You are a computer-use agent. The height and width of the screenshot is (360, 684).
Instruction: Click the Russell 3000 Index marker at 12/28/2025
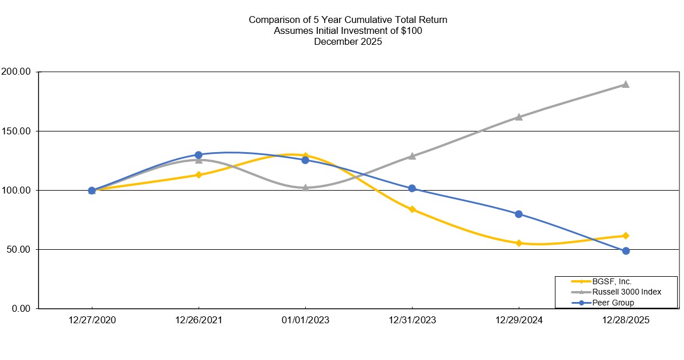click(625, 84)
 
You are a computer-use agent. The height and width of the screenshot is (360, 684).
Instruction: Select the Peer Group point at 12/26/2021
click(199, 155)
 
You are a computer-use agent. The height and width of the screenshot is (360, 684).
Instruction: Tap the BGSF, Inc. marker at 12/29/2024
click(519, 243)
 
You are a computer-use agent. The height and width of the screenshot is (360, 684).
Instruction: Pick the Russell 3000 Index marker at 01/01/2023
click(305, 187)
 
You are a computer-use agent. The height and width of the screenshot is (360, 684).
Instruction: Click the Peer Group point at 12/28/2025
click(625, 251)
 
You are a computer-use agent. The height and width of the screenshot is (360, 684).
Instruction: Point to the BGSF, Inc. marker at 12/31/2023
click(412, 209)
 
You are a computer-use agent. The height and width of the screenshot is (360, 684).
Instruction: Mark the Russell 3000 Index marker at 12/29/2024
click(519, 117)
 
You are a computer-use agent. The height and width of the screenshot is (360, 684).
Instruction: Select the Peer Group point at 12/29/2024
click(519, 214)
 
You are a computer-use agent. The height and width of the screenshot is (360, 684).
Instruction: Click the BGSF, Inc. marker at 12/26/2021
click(199, 175)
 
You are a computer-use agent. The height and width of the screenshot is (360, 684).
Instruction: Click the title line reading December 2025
click(348, 42)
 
